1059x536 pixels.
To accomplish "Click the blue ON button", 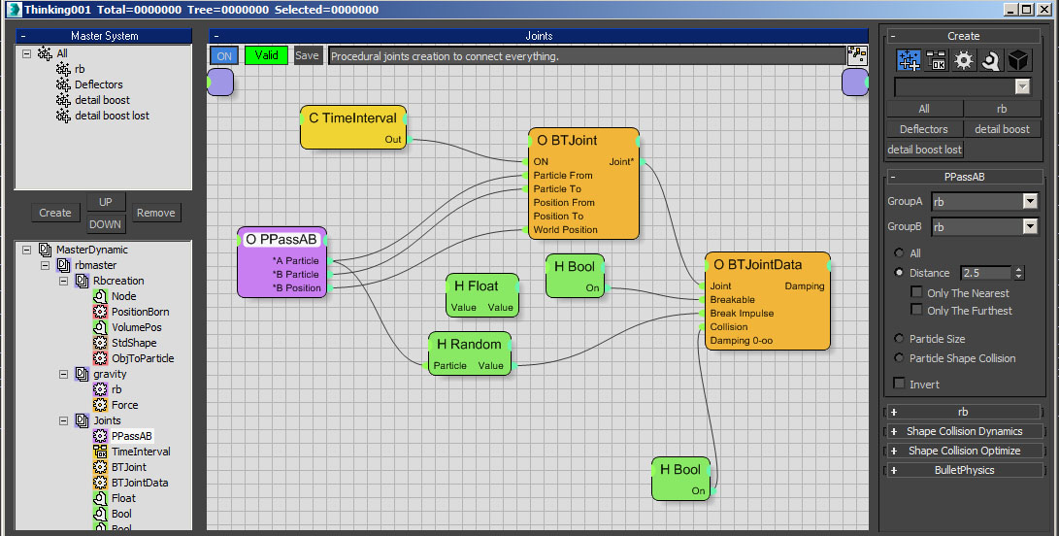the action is pos(224,56).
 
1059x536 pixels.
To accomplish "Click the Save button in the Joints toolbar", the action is pos(307,56).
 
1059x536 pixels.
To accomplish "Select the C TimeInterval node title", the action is pos(352,118).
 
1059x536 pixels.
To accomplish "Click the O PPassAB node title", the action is pos(281,239).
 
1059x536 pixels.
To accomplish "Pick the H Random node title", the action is pos(469,344).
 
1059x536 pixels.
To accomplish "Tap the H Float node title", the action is pos(477,285).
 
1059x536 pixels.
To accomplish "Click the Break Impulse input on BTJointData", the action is pos(742,313).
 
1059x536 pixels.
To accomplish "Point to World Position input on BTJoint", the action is pos(565,229).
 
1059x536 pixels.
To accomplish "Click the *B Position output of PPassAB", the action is pos(296,288).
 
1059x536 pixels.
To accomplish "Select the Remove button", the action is pos(156,213).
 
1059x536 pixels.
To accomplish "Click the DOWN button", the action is pos(106,224).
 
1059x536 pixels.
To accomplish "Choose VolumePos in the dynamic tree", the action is pos(137,327).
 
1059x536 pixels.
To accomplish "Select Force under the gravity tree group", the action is pos(125,405).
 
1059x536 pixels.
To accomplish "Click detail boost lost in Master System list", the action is pos(113,116).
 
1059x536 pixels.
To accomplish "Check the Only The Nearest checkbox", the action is pos(916,292).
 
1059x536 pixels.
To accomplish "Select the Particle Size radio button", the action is pos(899,339).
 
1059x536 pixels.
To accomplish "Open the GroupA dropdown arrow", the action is pos(1029,201).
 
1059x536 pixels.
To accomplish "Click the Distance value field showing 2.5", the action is pos(985,273).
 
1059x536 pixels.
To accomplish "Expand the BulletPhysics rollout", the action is pos(964,470).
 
